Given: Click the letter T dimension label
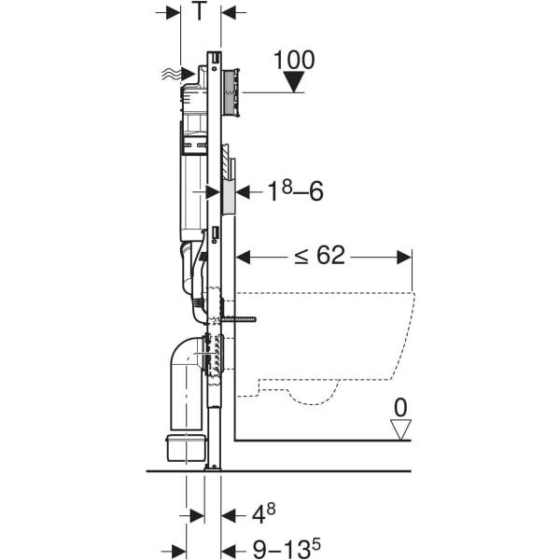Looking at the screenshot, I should tap(199, 12).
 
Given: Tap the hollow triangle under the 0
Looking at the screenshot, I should tap(401, 429).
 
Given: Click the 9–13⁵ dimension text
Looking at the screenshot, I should tap(282, 550).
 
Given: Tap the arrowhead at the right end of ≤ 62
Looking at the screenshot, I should tap(404, 256).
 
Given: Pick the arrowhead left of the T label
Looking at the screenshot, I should tap(174, 12).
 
